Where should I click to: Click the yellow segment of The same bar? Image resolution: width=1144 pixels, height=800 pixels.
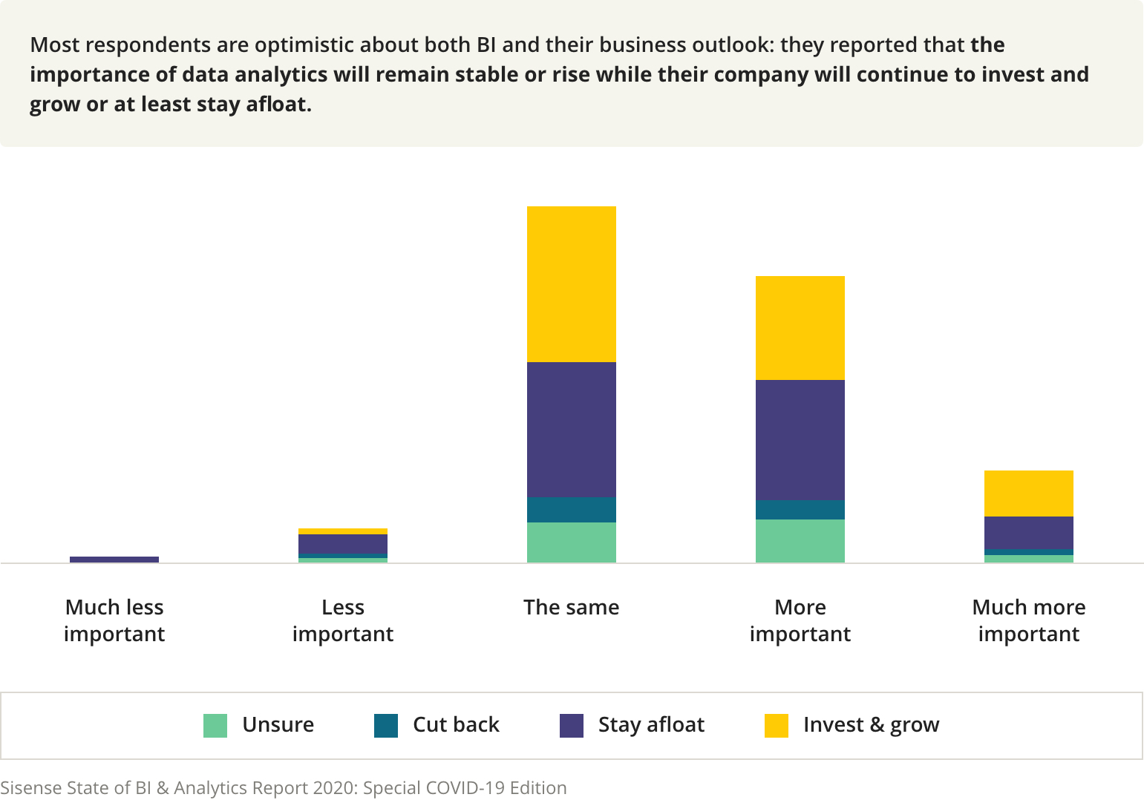571,283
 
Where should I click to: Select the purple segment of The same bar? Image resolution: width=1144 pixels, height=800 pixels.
571,429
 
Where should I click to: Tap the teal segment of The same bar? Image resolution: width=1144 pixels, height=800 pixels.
571,509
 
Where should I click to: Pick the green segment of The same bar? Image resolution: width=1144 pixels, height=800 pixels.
571,542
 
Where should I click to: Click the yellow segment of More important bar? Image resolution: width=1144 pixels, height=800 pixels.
800,327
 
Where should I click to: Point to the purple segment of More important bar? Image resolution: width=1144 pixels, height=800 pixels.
800,439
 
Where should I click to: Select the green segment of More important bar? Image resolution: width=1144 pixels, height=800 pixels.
800,540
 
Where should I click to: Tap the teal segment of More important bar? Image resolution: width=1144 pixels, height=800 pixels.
800,509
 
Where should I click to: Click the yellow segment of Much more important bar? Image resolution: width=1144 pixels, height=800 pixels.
1028,493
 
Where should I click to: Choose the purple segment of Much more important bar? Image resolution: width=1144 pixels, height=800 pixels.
1028,532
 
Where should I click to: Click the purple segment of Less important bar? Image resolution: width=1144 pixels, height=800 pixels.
342,543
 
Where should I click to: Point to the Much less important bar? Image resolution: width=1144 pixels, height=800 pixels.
114,559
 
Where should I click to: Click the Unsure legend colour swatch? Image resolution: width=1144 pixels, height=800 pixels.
215,725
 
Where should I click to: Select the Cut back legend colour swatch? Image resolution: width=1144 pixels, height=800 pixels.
386,725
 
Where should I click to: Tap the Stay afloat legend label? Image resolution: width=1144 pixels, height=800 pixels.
651,724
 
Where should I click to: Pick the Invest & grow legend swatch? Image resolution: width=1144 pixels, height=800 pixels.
777,725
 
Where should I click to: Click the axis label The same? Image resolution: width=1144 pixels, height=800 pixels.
571,607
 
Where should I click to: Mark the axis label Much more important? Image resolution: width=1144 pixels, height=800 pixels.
1028,620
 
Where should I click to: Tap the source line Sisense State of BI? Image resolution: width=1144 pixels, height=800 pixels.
283,787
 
